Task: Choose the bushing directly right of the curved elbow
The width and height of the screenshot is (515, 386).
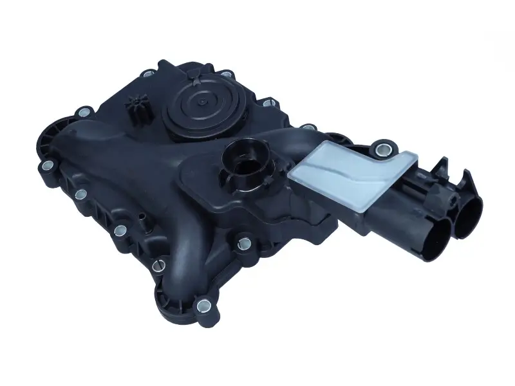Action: [x=243, y=243]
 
